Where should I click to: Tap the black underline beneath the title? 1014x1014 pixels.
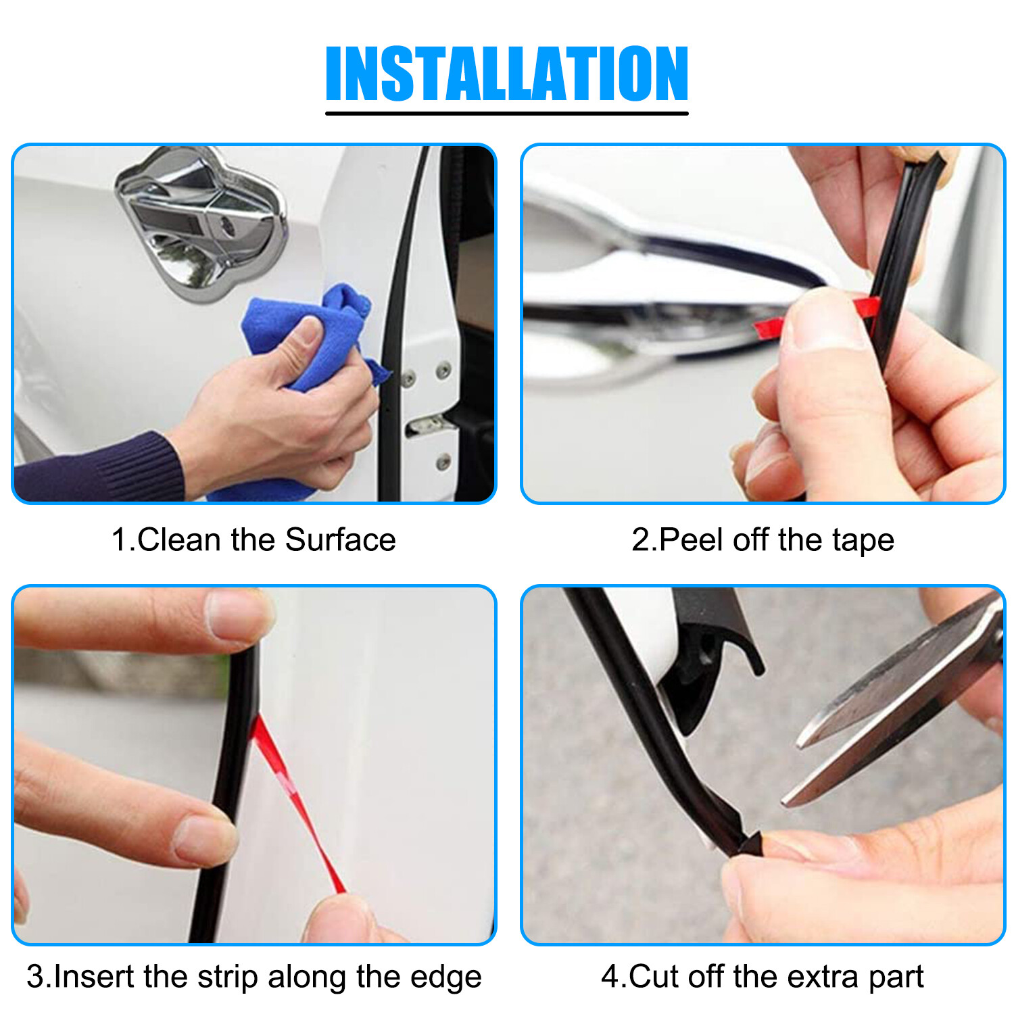(507, 113)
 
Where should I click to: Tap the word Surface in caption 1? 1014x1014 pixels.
(340, 540)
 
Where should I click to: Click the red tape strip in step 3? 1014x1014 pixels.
(297, 804)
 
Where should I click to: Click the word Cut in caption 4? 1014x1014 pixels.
(654, 977)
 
